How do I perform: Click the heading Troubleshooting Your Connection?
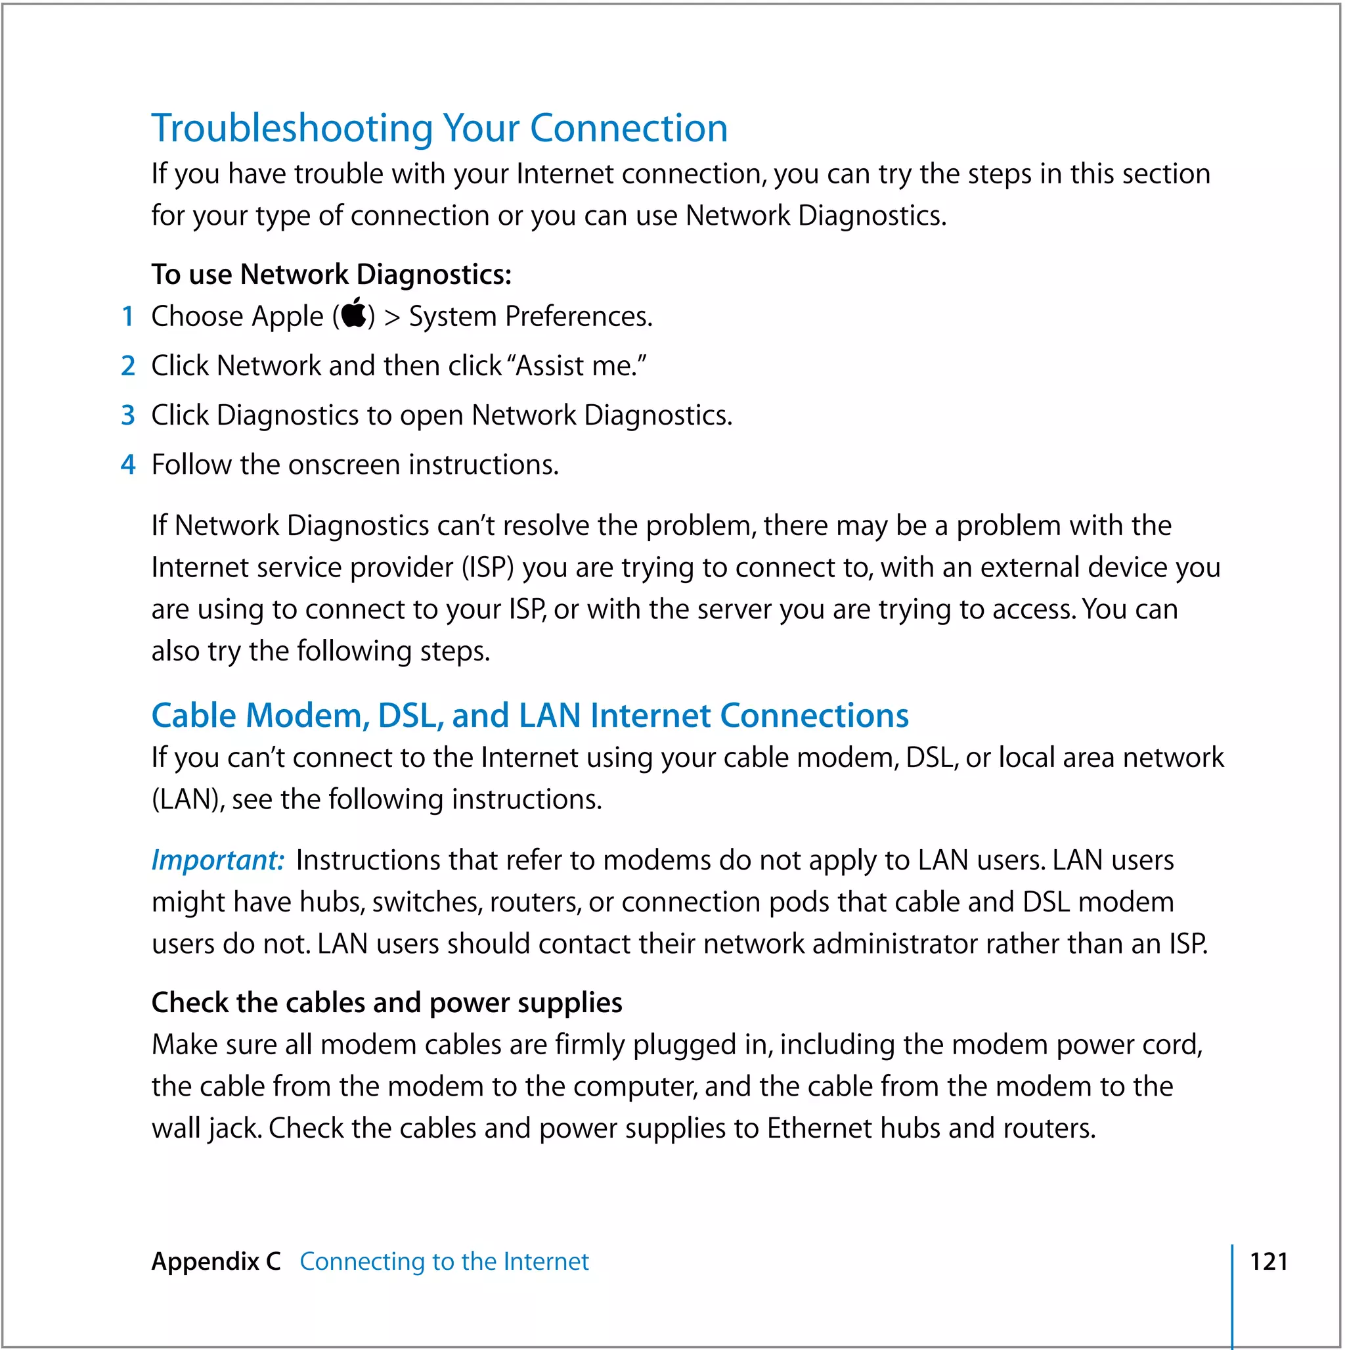[x=439, y=129]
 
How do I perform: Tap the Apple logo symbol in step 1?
[x=354, y=314]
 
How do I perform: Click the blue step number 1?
[x=128, y=317]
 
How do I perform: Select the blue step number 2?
[x=128, y=366]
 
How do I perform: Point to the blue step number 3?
[x=128, y=416]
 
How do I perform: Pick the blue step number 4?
[x=128, y=465]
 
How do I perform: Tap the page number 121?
[x=1268, y=1262]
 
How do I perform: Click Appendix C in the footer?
[x=216, y=1262]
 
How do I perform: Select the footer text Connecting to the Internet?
[x=444, y=1262]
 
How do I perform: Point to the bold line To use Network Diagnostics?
[x=331, y=275]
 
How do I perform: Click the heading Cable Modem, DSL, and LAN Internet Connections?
[x=529, y=716]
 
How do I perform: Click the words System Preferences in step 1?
[x=530, y=317]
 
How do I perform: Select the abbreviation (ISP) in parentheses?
[x=487, y=568]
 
